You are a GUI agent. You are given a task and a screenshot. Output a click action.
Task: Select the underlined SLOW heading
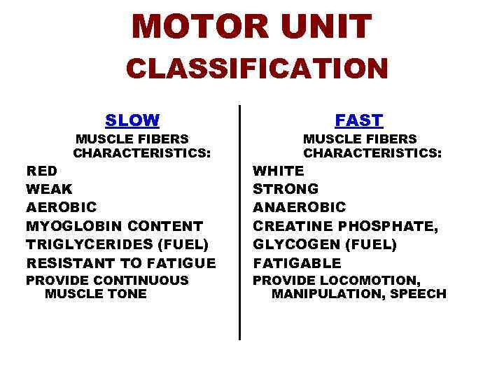pyautogui.click(x=132, y=120)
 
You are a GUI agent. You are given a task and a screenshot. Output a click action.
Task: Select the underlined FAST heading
pyautogui.click(x=359, y=120)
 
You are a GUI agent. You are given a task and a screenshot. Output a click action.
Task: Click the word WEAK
pyautogui.click(x=49, y=189)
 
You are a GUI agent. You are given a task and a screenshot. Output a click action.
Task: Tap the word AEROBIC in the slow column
pyautogui.click(x=62, y=207)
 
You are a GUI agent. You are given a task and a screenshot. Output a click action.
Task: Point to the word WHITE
pyautogui.click(x=279, y=170)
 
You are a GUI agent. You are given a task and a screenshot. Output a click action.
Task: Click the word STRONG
pyautogui.click(x=286, y=189)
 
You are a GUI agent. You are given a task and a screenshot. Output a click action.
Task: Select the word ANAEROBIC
pyautogui.click(x=300, y=207)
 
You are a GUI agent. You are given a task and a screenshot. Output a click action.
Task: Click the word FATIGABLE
pyautogui.click(x=297, y=263)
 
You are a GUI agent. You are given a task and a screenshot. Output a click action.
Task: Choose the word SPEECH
pyautogui.click(x=418, y=294)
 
